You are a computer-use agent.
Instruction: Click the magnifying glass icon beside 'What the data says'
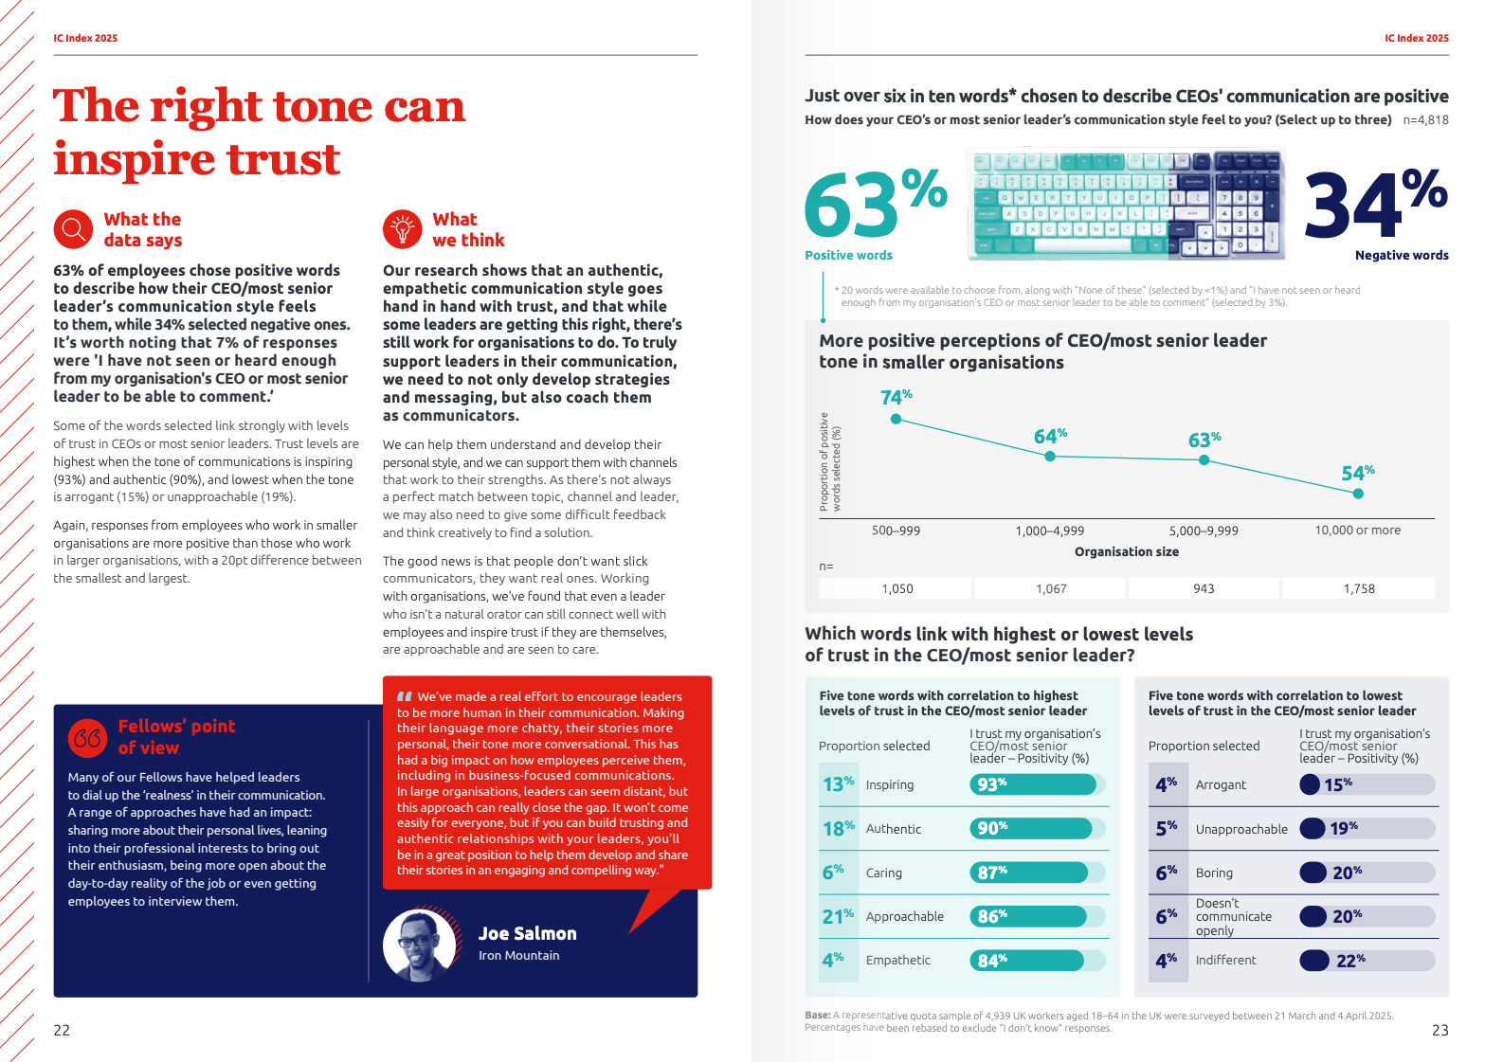[x=73, y=229]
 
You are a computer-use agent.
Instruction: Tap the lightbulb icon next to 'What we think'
[x=402, y=229]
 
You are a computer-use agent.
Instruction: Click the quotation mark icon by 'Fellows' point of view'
[x=88, y=738]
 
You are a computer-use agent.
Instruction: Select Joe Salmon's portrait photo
[x=420, y=945]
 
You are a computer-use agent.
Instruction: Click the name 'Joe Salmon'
[x=527, y=934]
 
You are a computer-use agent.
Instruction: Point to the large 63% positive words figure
[x=874, y=203]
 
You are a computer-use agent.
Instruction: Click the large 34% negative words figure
[x=1375, y=203]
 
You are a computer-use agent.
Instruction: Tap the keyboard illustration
[x=1126, y=204]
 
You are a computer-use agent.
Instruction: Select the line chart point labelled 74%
[x=896, y=419]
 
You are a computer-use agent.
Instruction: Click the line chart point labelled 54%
[x=1358, y=494]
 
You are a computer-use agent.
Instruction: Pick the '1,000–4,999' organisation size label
[x=1050, y=531]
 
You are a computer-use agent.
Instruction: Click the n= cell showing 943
[x=1204, y=588]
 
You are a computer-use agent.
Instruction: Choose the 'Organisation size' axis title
[x=1127, y=551]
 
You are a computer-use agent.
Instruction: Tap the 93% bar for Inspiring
[x=1032, y=784]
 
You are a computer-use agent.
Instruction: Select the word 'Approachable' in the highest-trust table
[x=904, y=917]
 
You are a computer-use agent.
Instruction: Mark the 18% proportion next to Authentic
[x=839, y=829]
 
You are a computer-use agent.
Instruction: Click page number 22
[x=62, y=1031]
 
